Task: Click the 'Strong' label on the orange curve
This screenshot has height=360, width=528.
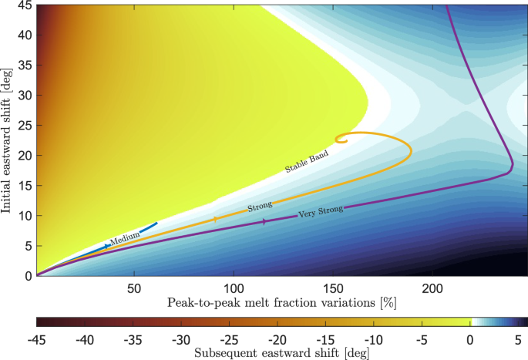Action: (x=260, y=207)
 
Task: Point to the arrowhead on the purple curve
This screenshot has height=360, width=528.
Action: (x=265, y=221)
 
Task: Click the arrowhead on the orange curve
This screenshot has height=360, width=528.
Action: (x=214, y=220)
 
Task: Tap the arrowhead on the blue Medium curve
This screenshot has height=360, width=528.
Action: (x=107, y=246)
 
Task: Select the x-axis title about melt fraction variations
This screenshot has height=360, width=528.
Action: (x=282, y=302)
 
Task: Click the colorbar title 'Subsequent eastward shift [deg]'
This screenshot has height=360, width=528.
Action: (x=281, y=353)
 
